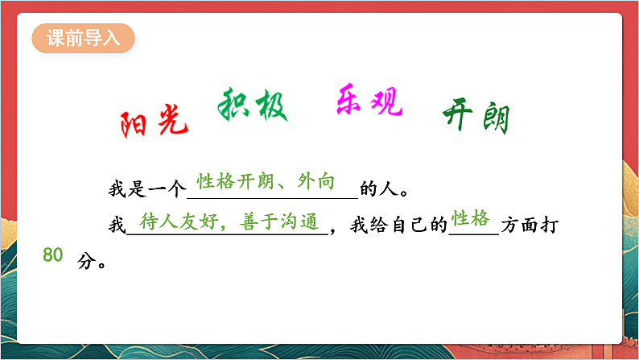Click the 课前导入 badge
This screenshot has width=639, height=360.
(83, 38)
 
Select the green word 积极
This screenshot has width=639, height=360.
(253, 106)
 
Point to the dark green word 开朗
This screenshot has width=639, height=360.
(476, 119)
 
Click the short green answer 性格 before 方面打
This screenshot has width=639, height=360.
(470, 218)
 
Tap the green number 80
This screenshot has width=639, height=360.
(52, 255)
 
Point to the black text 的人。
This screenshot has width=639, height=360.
(385, 191)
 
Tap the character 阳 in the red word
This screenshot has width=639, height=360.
(135, 125)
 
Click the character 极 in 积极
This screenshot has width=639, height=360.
(271, 106)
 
